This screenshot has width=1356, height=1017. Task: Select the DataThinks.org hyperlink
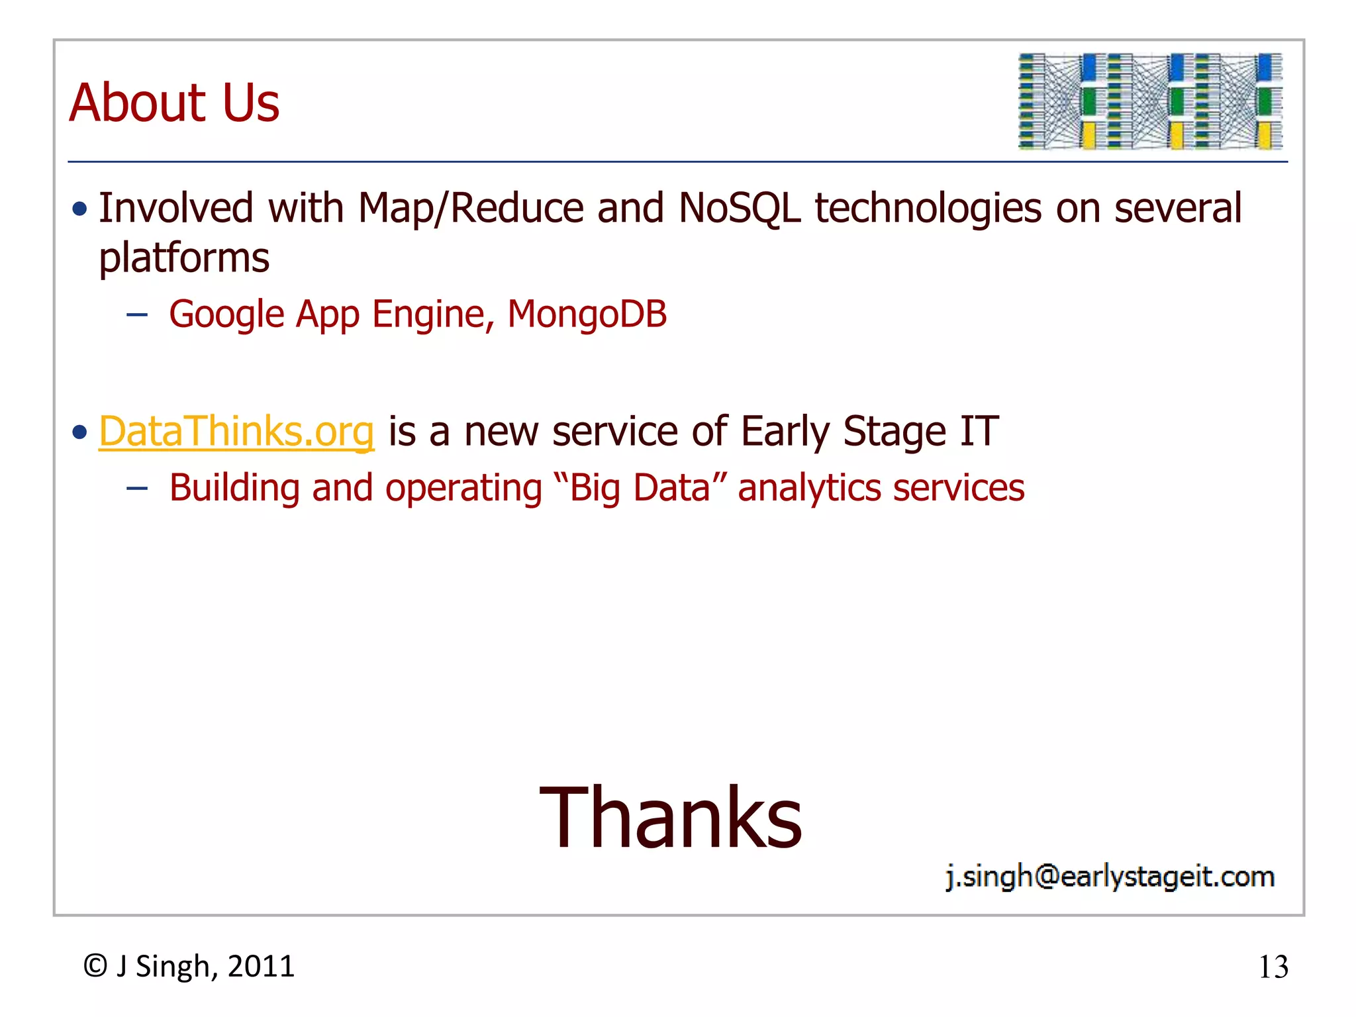coord(236,432)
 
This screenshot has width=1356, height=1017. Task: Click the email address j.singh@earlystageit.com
coord(1110,877)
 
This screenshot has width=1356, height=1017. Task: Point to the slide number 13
coord(1273,967)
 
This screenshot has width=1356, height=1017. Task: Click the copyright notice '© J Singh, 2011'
coord(189,966)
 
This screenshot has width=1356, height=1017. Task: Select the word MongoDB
coord(587,314)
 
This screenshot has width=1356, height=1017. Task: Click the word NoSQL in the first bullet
coord(739,209)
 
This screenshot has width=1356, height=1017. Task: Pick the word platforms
coord(184,258)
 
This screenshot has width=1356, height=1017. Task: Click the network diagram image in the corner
coord(1150,101)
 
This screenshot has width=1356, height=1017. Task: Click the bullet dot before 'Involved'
coord(80,210)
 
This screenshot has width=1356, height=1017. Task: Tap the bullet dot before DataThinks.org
coord(80,433)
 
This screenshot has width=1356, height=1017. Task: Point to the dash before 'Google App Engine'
coord(137,315)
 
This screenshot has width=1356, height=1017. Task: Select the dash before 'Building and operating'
coord(137,489)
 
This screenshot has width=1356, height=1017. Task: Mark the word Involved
coord(175,209)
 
